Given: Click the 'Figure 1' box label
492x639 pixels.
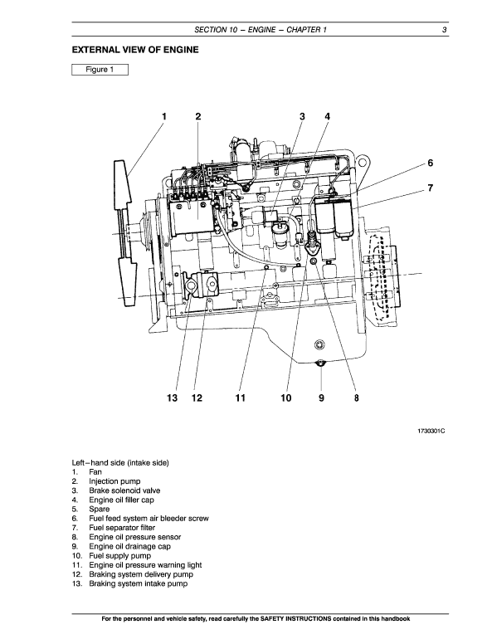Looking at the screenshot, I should pos(99,70).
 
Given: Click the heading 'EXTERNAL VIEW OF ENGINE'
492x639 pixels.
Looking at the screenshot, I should pos(135,51).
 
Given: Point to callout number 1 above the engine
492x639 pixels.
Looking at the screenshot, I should pos(164,116).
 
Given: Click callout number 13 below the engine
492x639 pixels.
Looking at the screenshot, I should pos(172,398).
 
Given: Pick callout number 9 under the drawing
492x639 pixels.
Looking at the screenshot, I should pos(321,398).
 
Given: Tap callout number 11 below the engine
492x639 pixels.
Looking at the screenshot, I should pos(240,398).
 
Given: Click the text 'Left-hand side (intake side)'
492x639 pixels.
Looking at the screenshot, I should pos(121,462).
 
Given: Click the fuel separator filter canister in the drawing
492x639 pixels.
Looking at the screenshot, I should pos(338,221).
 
